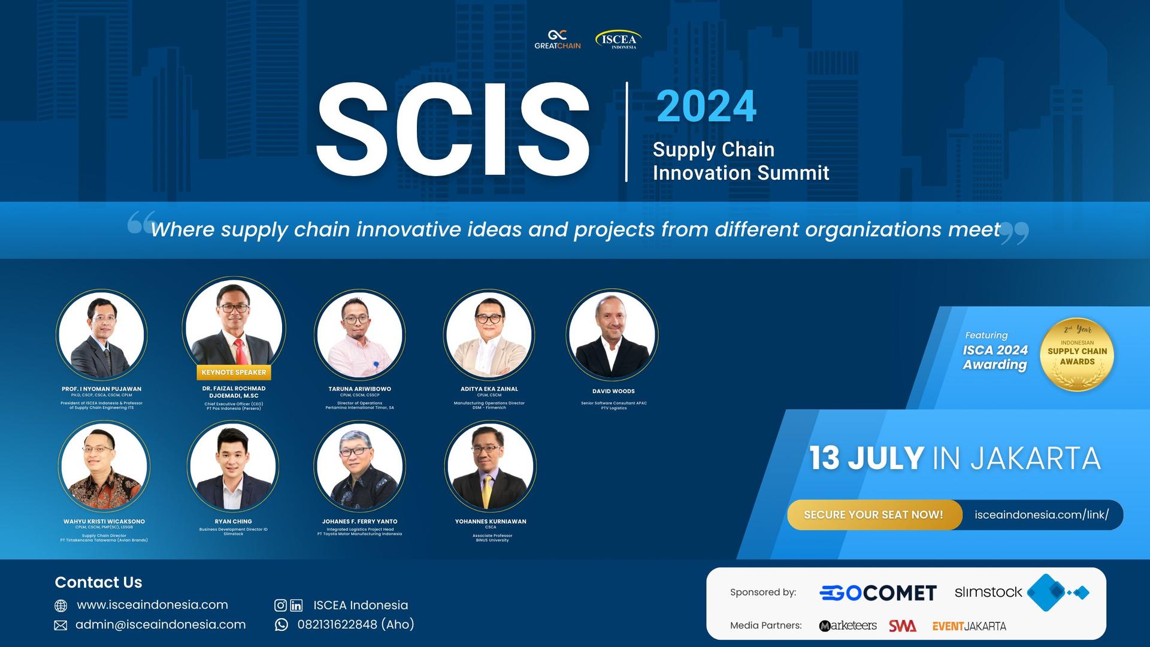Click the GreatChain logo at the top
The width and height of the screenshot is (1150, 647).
[x=557, y=40]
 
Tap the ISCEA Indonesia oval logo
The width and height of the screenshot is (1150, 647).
[x=618, y=40]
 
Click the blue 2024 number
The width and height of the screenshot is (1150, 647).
[x=706, y=107]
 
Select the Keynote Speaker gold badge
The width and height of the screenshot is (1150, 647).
[x=234, y=372]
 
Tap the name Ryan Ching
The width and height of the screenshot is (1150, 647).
[x=233, y=521]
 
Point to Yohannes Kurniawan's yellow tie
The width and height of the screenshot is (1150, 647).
[x=488, y=488]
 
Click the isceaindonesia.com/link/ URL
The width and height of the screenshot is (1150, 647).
[x=1041, y=515]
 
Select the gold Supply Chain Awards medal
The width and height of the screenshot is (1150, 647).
[x=1076, y=355]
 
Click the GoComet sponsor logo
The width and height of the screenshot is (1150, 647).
[x=877, y=592]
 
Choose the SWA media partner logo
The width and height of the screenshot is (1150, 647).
[x=902, y=625]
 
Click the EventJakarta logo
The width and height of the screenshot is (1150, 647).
[x=969, y=626]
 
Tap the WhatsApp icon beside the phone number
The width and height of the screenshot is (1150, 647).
[x=281, y=625]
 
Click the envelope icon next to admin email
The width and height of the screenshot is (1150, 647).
[x=60, y=625]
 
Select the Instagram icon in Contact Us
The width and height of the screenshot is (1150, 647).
[x=280, y=605]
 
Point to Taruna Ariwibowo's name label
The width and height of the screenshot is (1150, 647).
[x=359, y=389]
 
